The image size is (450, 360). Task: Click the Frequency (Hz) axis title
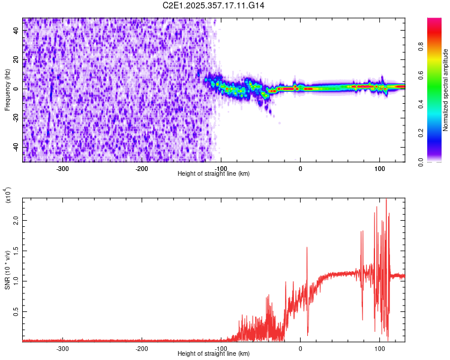(8, 90)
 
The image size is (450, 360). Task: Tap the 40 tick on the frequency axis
(16, 31)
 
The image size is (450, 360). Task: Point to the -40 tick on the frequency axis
(15, 147)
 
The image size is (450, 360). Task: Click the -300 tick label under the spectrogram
(62, 168)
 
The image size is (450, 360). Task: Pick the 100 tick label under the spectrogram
(379, 168)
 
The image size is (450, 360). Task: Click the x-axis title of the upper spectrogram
(214, 174)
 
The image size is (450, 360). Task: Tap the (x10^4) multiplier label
(8, 196)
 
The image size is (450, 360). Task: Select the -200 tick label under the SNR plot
(142, 347)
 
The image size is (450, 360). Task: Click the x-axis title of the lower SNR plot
(214, 353)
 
